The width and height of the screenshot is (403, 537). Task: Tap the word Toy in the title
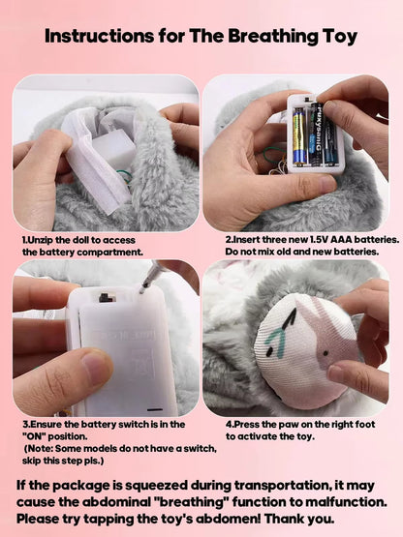[x=335, y=37]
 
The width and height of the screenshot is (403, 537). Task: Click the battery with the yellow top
[x=298, y=135]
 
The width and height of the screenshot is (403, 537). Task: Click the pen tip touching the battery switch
[x=144, y=286]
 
